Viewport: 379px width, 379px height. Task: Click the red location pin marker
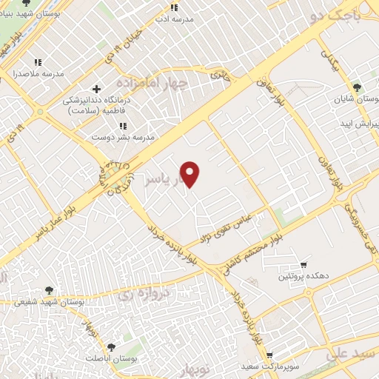[x=190, y=174]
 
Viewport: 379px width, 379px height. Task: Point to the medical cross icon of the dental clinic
[x=97, y=90]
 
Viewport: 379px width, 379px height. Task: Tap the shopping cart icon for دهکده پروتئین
[x=303, y=265]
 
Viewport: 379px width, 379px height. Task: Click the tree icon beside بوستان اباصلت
[x=111, y=346]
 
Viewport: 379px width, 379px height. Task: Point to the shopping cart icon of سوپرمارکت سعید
[x=269, y=356]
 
